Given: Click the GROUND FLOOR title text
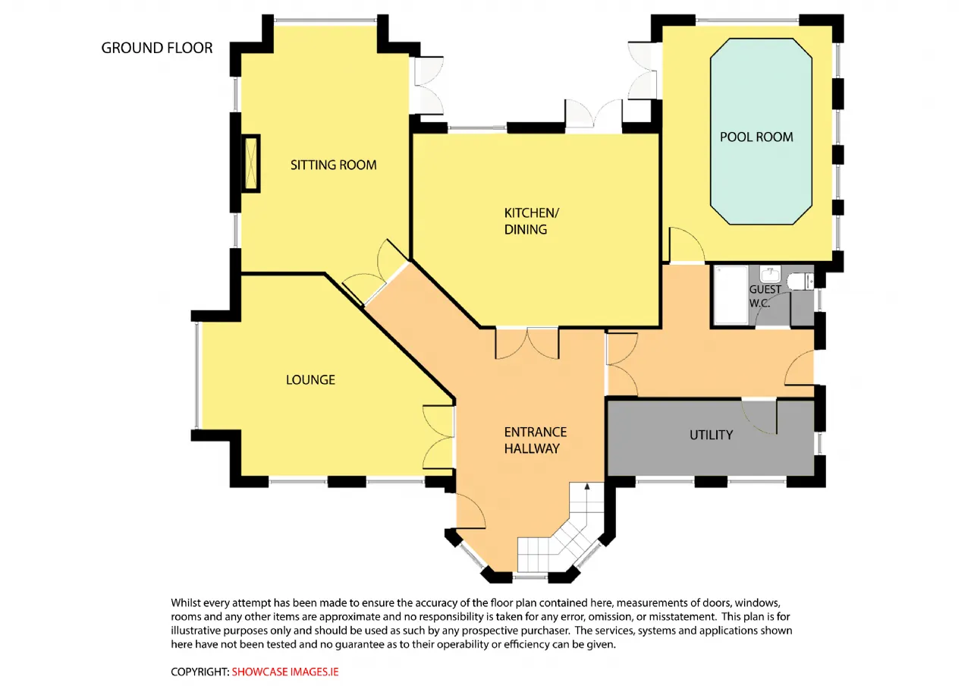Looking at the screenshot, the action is point(157,48).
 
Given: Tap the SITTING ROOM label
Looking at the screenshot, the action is point(333,165).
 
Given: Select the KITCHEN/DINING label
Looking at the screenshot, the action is point(532,221).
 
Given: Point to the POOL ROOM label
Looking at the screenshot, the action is point(756,137).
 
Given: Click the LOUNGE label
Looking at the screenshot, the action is point(310,380).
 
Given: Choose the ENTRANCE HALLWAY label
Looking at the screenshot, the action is point(536,440).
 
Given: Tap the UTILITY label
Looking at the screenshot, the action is point(712,435).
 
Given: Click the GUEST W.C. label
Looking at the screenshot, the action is point(765,296).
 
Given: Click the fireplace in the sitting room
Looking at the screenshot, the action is point(251,163).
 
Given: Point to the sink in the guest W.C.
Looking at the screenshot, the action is point(770,274).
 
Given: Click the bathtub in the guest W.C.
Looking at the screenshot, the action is point(731,295).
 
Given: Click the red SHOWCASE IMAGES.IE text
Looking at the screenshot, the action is point(284,672).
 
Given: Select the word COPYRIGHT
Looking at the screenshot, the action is point(199,672).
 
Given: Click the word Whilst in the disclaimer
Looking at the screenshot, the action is point(185,603).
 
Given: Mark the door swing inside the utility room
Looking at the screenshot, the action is point(759,417).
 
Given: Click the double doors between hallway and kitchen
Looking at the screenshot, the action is point(527,343).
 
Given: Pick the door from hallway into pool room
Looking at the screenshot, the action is point(687,244).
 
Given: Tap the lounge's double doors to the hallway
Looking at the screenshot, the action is point(438,437).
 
